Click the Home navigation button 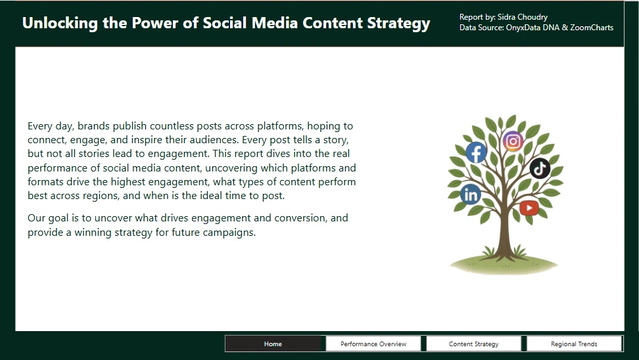pos(273,344)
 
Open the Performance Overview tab pos(373,344)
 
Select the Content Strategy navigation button pos(473,344)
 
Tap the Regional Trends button pos(574,344)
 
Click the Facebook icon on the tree pos(476,152)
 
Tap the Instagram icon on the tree pos(513,141)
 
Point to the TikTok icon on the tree pos(540,168)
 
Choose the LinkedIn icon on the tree pos(471,194)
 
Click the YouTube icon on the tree pos(529,208)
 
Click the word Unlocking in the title pos(60,23)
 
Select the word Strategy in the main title pos(398,23)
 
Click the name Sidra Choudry pos(523,17)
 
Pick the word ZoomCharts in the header pos(592,28)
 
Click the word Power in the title pos(155,23)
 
